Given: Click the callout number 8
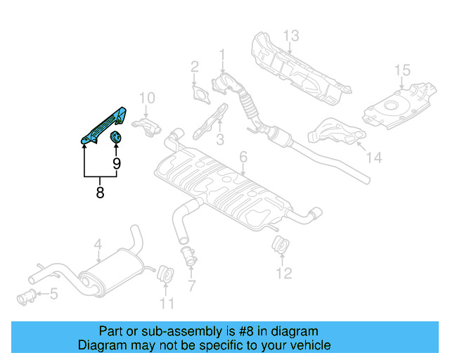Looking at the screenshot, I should [x=100, y=191].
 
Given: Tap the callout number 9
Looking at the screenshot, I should [x=117, y=164].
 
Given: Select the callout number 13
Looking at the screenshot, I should [x=291, y=35].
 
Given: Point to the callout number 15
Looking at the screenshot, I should [x=401, y=70].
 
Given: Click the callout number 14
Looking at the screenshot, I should [x=374, y=158].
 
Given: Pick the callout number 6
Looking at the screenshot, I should [x=243, y=156].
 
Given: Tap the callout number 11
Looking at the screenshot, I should [x=167, y=303].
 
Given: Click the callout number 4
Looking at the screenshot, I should [x=98, y=245].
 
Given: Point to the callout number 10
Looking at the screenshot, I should [x=146, y=98].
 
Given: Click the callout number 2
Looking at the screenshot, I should [x=195, y=67].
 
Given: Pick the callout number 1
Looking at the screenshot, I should [x=222, y=54].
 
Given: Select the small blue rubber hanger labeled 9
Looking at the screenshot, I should [x=117, y=136].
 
